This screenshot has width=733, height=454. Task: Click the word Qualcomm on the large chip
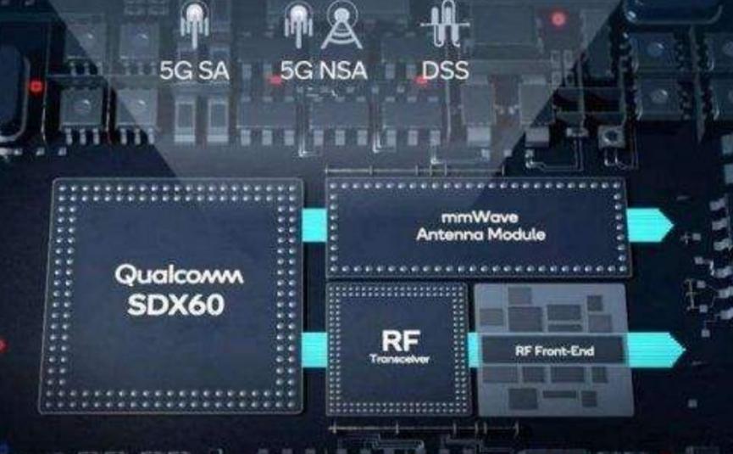pyautogui.click(x=178, y=275)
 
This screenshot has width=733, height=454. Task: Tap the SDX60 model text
pyautogui.click(x=176, y=305)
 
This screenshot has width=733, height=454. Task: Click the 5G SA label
pyautogui.click(x=195, y=70)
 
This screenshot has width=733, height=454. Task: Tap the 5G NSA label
pyautogui.click(x=323, y=70)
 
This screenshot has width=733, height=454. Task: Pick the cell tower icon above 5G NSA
pyautogui.click(x=341, y=27)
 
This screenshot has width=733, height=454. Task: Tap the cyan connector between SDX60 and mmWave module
pyautogui.click(x=314, y=223)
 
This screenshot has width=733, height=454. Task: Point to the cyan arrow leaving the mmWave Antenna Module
pyautogui.click(x=649, y=225)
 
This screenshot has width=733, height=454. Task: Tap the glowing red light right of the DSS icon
pyautogui.click(x=558, y=19)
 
